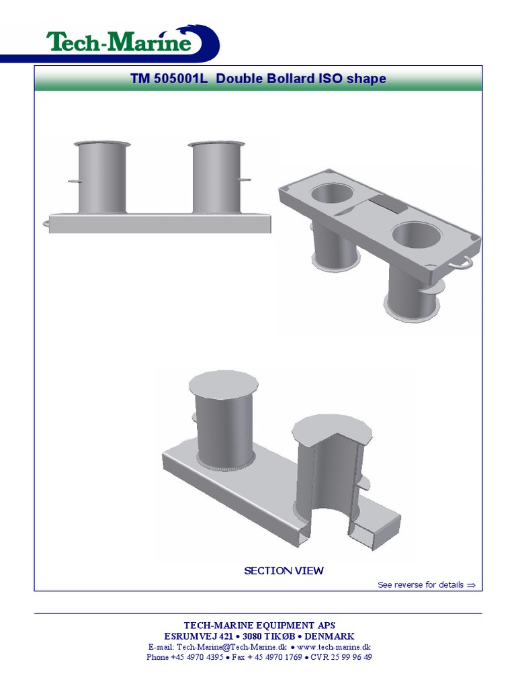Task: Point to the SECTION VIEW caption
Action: pos(284,571)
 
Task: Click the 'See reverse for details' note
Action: pos(421,585)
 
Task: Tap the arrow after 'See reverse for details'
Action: pos(471,585)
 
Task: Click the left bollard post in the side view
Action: pos(102,178)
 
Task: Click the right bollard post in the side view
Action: pos(216,178)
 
